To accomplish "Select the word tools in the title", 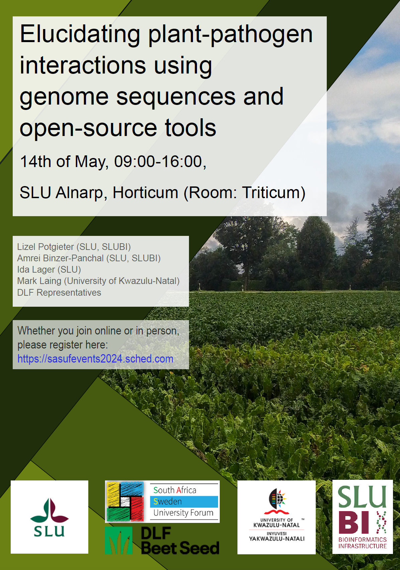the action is [190, 128].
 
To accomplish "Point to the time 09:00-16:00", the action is [160, 162].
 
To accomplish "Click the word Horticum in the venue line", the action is [145, 192].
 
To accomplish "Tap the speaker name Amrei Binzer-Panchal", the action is [61, 258].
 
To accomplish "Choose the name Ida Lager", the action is [36, 270].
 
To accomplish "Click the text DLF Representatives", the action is [59, 293].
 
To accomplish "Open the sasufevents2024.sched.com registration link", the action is [95, 359].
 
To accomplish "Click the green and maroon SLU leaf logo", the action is [49, 509].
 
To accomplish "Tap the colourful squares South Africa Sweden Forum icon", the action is [125, 502].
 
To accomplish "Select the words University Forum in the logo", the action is [183, 513].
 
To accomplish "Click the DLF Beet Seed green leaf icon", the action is [119, 540].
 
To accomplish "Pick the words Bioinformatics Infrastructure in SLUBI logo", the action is [363, 543].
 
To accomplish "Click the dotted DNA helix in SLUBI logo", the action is [382, 522].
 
